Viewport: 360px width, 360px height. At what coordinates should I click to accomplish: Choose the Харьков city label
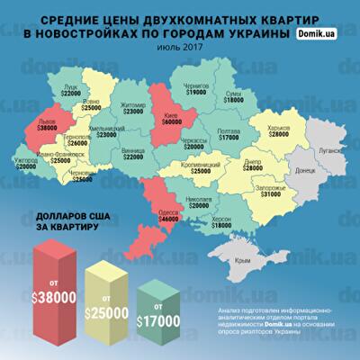click(273, 125)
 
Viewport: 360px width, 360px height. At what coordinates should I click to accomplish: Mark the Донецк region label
click(305, 169)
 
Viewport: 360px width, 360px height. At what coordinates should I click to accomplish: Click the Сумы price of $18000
click(257, 100)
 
